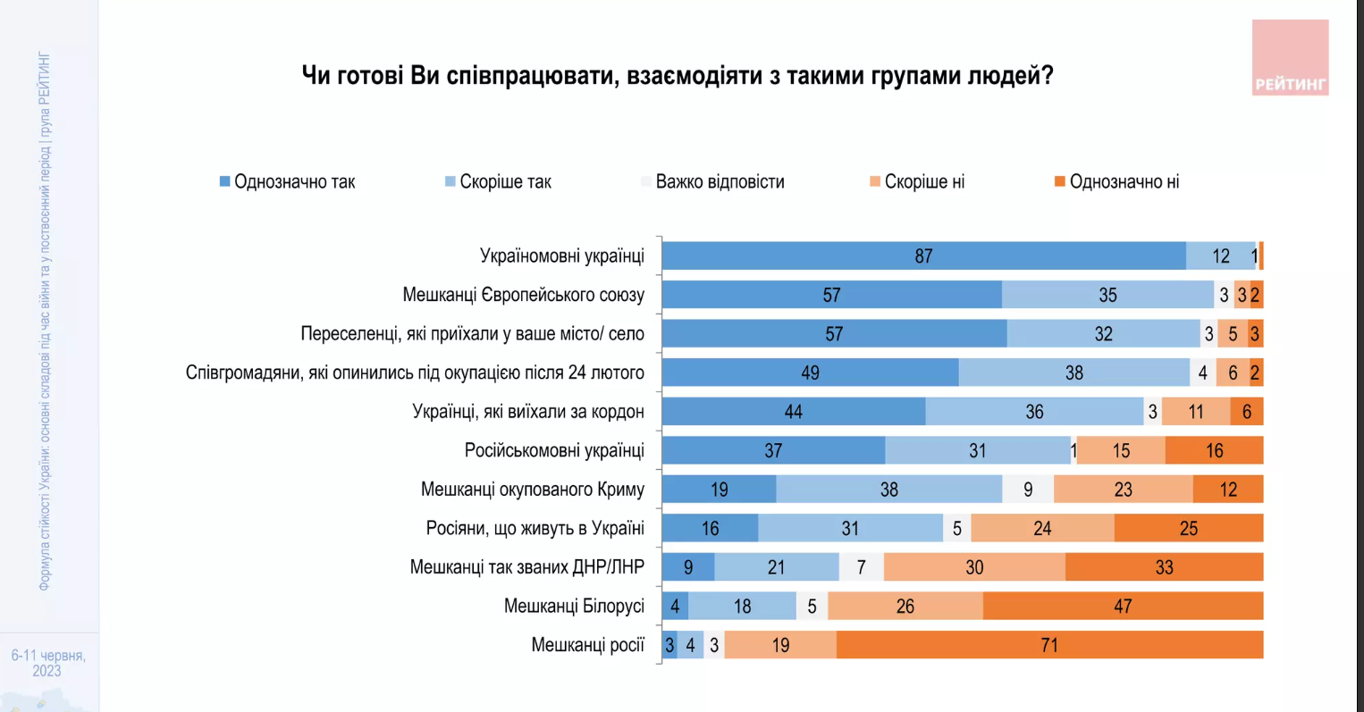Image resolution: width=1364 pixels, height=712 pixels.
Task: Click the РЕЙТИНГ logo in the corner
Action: click(1290, 59)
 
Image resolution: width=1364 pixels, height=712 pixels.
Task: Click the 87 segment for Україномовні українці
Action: click(923, 256)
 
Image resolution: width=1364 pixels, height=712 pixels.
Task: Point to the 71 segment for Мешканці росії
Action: click(1049, 645)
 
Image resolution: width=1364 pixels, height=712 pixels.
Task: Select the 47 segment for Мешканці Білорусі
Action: click(1123, 607)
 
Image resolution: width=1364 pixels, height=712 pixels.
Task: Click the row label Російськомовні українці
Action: click(554, 451)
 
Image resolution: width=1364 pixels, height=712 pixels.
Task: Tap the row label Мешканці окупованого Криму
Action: click(532, 490)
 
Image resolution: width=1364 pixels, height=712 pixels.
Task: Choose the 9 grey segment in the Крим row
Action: click(1028, 490)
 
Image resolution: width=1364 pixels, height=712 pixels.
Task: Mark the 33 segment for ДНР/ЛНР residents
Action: click(1164, 567)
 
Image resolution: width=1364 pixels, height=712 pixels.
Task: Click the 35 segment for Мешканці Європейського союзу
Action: click(1107, 295)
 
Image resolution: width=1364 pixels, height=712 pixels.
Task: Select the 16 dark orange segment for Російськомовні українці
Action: click(1214, 451)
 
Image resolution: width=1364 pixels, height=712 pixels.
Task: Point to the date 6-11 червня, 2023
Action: click(48, 663)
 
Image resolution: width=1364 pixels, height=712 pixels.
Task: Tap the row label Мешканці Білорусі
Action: click(574, 607)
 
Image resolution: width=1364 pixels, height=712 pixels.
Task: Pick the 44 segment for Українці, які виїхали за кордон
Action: click(793, 412)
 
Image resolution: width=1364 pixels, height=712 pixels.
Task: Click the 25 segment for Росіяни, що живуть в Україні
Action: click(1188, 529)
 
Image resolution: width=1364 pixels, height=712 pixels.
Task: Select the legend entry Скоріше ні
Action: click(923, 182)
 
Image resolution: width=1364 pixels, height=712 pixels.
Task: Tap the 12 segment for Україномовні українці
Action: click(1220, 256)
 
